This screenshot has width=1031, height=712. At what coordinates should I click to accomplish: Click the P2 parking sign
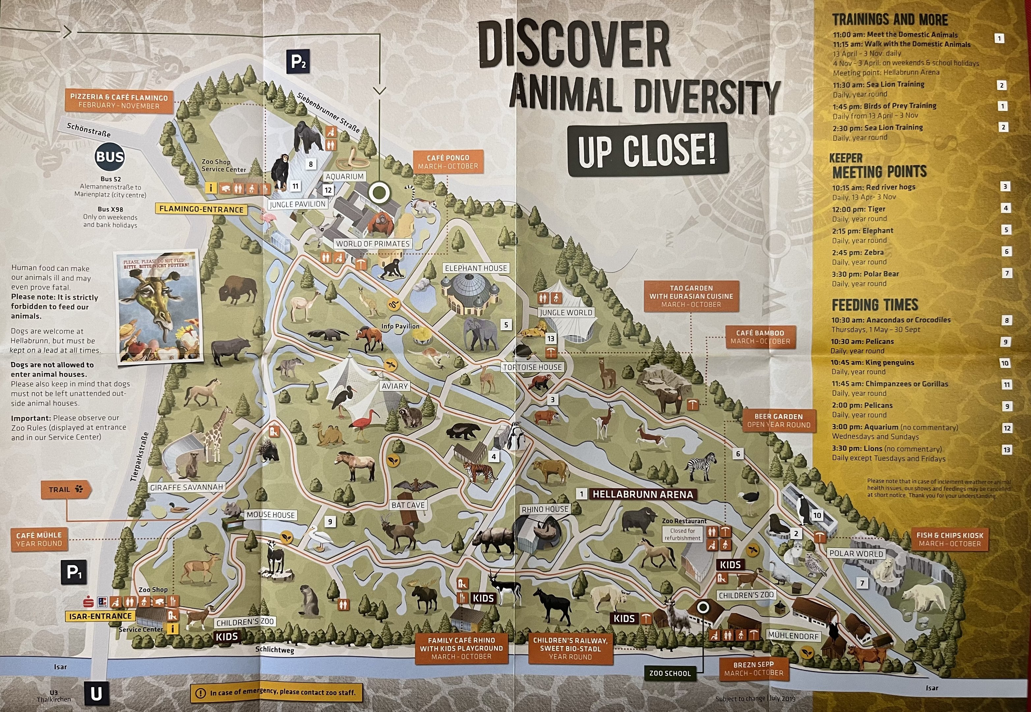pyautogui.click(x=298, y=62)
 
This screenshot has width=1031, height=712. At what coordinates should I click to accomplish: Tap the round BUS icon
pyautogui.click(x=110, y=157)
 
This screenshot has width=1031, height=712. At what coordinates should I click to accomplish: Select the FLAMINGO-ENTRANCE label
pyautogui.click(x=201, y=209)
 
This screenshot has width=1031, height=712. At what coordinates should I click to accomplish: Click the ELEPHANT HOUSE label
pyautogui.click(x=476, y=268)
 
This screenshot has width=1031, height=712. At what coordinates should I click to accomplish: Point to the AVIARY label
pyautogui.click(x=395, y=386)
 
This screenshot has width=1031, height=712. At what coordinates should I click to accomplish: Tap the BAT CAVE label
pyautogui.click(x=408, y=505)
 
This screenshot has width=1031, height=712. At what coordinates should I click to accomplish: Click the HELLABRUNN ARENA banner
pyautogui.click(x=642, y=494)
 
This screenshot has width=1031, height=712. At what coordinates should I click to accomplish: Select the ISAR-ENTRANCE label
pyautogui.click(x=101, y=616)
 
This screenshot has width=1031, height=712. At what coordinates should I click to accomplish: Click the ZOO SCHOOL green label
pyautogui.click(x=670, y=673)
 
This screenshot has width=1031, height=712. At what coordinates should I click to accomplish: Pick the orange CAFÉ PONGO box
pyautogui.click(x=448, y=162)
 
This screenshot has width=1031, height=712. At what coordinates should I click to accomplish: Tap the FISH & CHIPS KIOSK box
pyautogui.click(x=949, y=539)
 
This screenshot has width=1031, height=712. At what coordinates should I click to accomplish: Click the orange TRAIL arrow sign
pyautogui.click(x=66, y=489)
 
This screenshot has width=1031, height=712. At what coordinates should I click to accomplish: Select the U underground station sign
pyautogui.click(x=96, y=694)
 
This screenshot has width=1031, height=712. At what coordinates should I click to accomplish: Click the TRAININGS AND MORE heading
pyautogui.click(x=890, y=20)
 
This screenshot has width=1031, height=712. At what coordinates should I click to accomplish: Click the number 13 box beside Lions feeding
pyautogui.click(x=1007, y=450)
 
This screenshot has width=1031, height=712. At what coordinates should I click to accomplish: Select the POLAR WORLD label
pyautogui.click(x=856, y=553)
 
